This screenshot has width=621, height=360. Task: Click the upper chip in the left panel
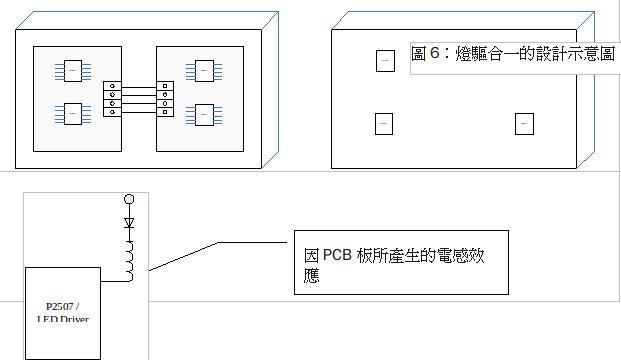click(73, 70)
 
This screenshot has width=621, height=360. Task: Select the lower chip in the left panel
click(73, 115)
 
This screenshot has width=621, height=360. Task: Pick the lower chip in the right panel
click(204, 115)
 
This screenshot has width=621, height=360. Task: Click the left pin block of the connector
click(112, 99)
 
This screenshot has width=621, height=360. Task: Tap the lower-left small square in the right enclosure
click(384, 124)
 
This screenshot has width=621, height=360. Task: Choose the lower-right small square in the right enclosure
click(525, 124)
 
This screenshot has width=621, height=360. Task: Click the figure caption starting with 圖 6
click(514, 55)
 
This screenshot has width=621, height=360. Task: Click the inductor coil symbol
click(129, 259)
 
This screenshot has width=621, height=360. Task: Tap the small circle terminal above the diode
click(128, 200)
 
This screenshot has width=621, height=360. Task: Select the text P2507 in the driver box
click(62, 305)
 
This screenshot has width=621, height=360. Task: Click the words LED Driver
click(62, 319)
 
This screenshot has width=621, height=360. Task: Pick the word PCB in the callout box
click(341, 256)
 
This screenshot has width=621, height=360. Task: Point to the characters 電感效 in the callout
click(467, 256)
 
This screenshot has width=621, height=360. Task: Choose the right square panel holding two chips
click(201, 93)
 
